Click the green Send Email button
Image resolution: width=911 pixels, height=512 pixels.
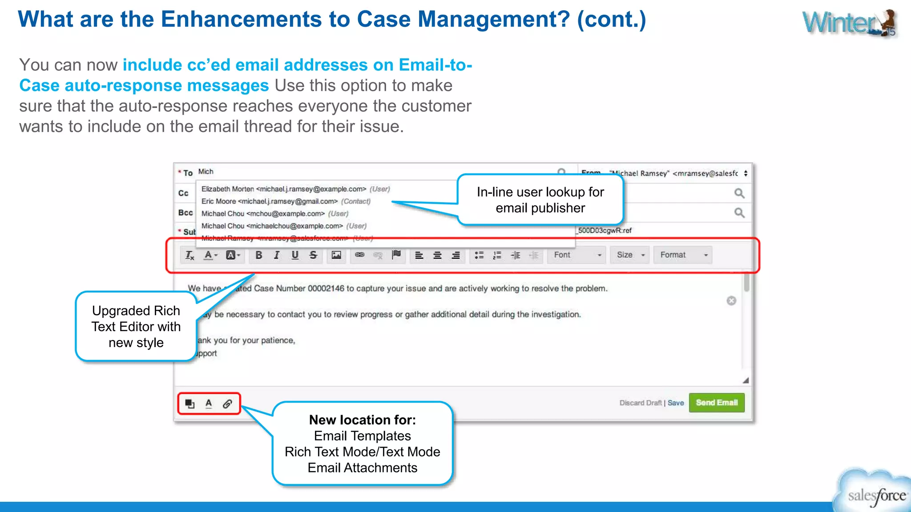point(716,403)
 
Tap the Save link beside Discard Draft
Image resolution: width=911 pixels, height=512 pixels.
point(675,403)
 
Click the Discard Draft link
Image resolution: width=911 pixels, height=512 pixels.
point(641,403)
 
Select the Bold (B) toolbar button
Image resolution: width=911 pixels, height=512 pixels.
point(258,255)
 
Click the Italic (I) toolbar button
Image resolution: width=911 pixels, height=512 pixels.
point(277,255)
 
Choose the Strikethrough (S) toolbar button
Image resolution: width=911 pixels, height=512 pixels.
point(313,255)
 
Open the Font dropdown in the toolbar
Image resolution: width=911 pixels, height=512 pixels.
point(576,255)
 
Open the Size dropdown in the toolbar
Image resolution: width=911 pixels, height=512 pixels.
point(630,255)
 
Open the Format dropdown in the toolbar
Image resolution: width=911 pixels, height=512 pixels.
point(683,255)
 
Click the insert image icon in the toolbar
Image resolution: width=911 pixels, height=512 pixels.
point(336,255)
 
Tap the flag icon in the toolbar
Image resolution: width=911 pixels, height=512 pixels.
point(396,255)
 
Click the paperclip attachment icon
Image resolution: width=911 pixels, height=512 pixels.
point(227,404)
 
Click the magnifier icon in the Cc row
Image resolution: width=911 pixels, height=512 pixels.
point(739,193)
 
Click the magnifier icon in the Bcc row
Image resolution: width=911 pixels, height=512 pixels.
point(739,213)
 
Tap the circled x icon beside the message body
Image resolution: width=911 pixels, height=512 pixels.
point(731,301)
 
